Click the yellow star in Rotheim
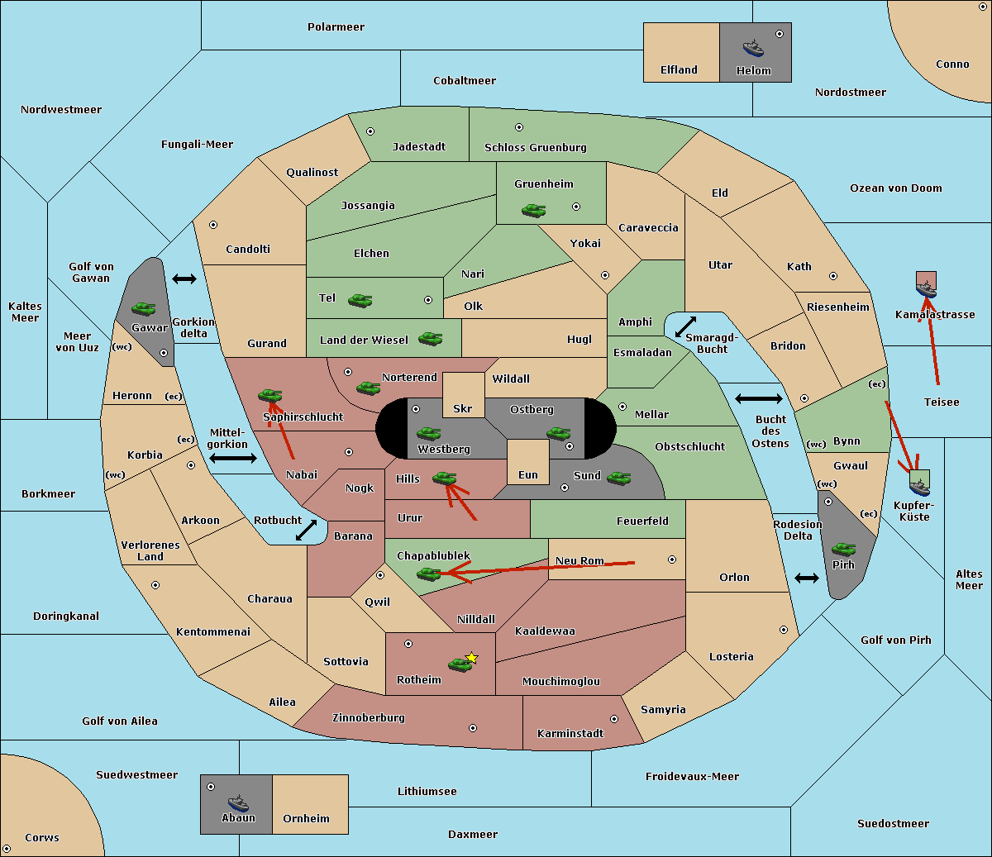tap(471, 658)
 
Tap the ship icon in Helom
tap(753, 48)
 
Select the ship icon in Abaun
tap(238, 802)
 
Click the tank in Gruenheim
tap(533, 211)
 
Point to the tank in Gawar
tap(144, 308)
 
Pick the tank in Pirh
tap(843, 550)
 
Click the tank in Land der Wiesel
tap(430, 338)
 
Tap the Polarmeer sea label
tap(336, 27)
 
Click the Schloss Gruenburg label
tap(535, 148)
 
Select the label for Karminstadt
tap(570, 734)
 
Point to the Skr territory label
tap(463, 408)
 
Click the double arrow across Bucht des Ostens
tap(758, 399)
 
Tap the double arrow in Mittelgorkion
tap(233, 458)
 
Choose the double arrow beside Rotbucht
tap(306, 531)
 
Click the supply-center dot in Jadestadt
tap(370, 131)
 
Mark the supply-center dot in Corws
tap(7, 849)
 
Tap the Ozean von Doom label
tap(895, 188)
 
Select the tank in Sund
tap(618, 477)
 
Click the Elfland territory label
tap(679, 70)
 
